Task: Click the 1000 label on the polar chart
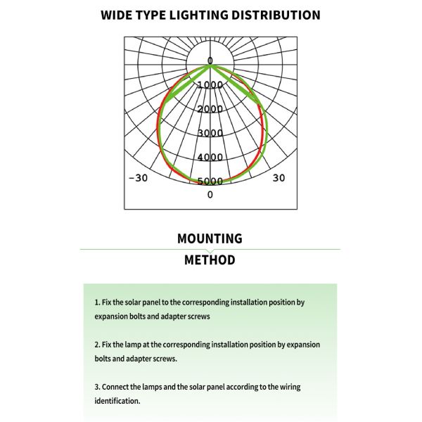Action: coord(210,85)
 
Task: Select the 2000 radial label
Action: coord(210,109)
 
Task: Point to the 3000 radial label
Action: coord(210,133)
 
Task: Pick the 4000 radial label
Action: coord(210,157)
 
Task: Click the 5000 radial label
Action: coord(210,181)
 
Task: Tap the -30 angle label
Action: coord(138,178)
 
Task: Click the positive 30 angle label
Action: coord(279,178)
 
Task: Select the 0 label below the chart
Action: coord(210,194)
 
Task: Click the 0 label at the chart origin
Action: coord(210,61)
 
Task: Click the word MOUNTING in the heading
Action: coord(210,238)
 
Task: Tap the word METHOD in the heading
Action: coord(210,260)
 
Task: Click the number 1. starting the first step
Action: coord(98,302)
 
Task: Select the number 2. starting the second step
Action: coord(98,345)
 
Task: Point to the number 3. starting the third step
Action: coord(98,387)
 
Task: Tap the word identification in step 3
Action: coord(117,401)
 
